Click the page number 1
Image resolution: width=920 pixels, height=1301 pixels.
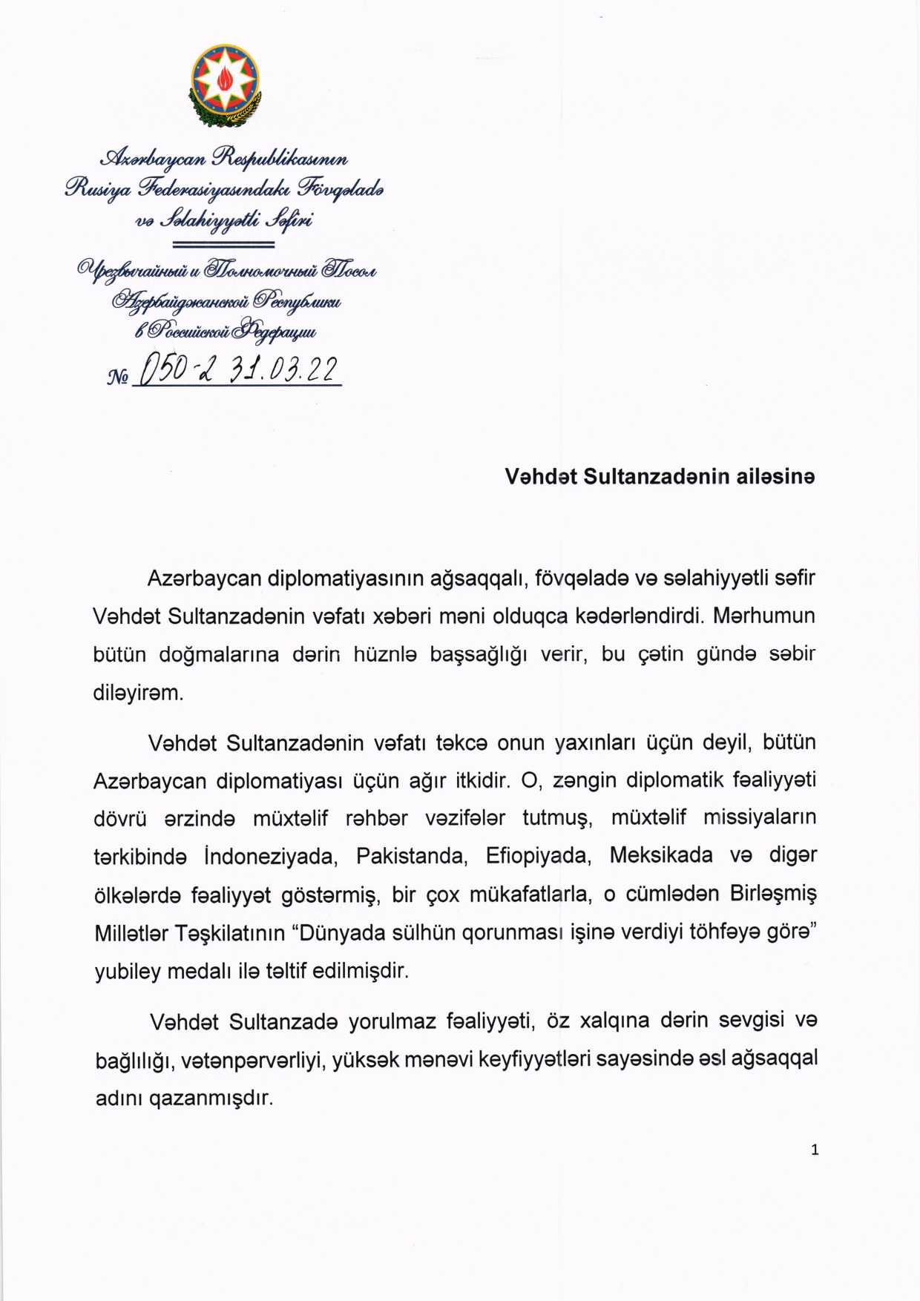pyautogui.click(x=815, y=1150)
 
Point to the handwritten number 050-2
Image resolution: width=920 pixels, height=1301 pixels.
pyautogui.click(x=175, y=369)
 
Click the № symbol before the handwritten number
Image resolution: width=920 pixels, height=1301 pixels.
pyautogui.click(x=118, y=378)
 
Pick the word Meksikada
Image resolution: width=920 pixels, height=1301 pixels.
pyautogui.click(x=661, y=855)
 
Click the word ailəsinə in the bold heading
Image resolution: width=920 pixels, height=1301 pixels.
pyautogui.click(x=775, y=476)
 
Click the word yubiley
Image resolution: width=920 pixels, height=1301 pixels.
pyautogui.click(x=128, y=971)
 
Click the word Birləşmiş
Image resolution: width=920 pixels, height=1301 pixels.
pyautogui.click(x=773, y=894)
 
